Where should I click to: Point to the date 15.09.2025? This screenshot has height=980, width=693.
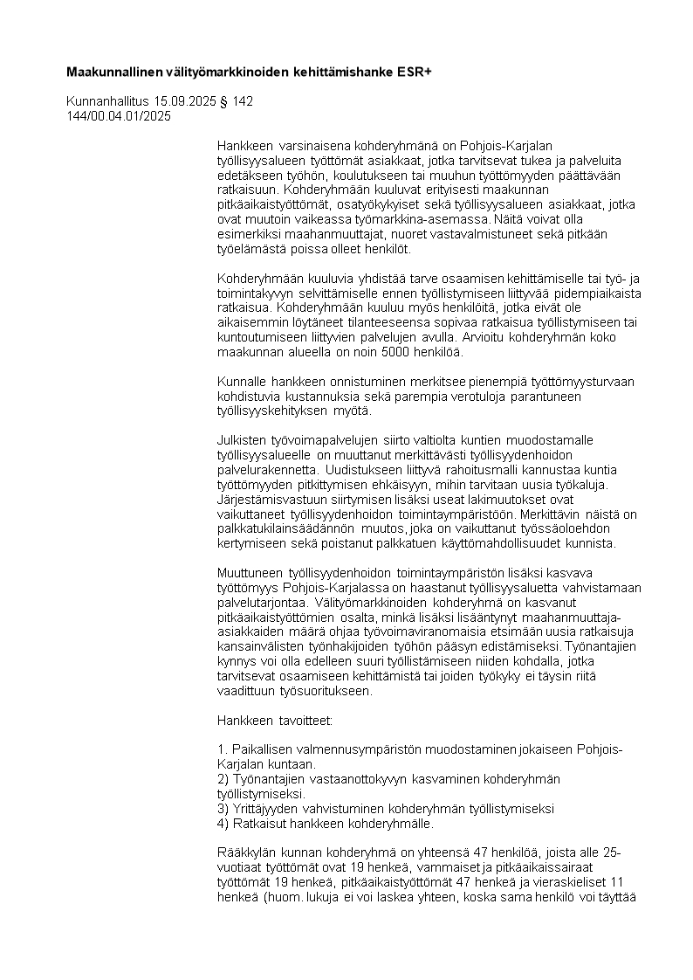tap(186, 101)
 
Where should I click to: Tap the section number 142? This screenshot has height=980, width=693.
tap(243, 101)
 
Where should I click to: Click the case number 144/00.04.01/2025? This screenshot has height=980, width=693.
tap(119, 115)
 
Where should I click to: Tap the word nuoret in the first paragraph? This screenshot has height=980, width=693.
tap(401, 233)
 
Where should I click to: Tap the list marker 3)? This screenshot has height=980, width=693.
tap(223, 809)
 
